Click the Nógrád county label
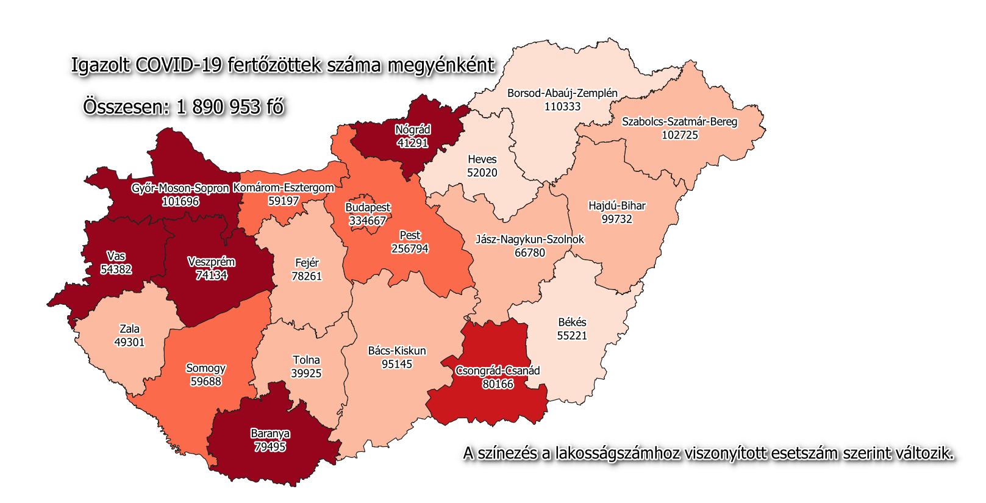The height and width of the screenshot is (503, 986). [x=413, y=130]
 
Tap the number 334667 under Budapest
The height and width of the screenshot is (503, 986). [x=368, y=221]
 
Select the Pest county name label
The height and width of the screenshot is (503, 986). [x=410, y=235]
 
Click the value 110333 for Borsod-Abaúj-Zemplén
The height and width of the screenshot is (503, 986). [x=562, y=107]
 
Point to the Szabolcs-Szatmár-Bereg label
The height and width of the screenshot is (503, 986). [x=679, y=121]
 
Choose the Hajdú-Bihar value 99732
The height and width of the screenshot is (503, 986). [x=616, y=219]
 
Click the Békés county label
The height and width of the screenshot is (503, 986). [x=572, y=322]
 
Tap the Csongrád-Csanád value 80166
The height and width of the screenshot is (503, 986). [x=498, y=384]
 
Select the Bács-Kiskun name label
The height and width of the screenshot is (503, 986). [x=396, y=351]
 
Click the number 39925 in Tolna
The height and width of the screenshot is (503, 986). [x=306, y=373]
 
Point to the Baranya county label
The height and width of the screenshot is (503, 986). [x=270, y=433]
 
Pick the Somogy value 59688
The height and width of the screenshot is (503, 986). [x=205, y=382]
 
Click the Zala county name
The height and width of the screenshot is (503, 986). [x=129, y=329]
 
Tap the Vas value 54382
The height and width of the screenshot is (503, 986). [x=116, y=269]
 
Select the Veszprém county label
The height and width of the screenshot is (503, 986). [x=211, y=262]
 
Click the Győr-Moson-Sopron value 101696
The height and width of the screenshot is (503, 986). [x=180, y=201]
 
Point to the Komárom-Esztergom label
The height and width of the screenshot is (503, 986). [x=284, y=188]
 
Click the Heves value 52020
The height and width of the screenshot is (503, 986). [x=482, y=173]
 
